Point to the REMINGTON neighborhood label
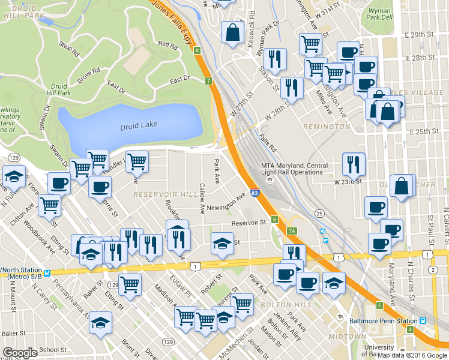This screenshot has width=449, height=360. pyautogui.click(x=327, y=127)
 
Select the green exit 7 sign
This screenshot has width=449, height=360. pyautogui.click(x=208, y=80)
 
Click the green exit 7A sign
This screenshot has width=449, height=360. pyautogui.click(x=292, y=230)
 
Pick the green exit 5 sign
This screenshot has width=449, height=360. pyautogui.click(x=379, y=305)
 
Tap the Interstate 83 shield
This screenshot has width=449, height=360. pyautogui.click(x=255, y=193)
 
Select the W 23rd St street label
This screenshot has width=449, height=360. pyautogui.click(x=349, y=181)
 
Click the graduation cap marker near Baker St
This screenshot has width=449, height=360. pyautogui.click(x=100, y=322)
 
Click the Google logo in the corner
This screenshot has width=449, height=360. pyautogui.click(x=20, y=353)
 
